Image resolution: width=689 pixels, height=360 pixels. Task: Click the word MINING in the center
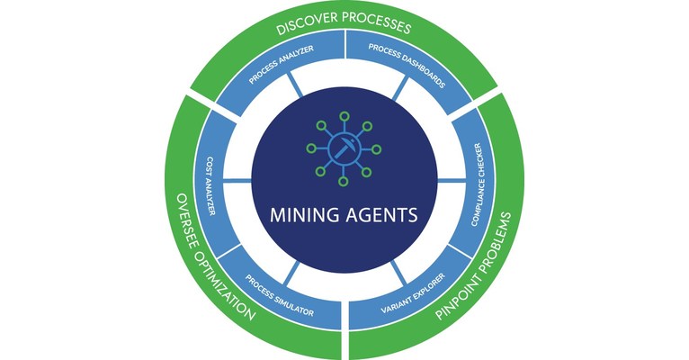click(x=305, y=217)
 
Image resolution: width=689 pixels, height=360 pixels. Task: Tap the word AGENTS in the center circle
click(x=376, y=217)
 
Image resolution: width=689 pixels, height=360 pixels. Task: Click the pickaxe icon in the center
click(x=344, y=149)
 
